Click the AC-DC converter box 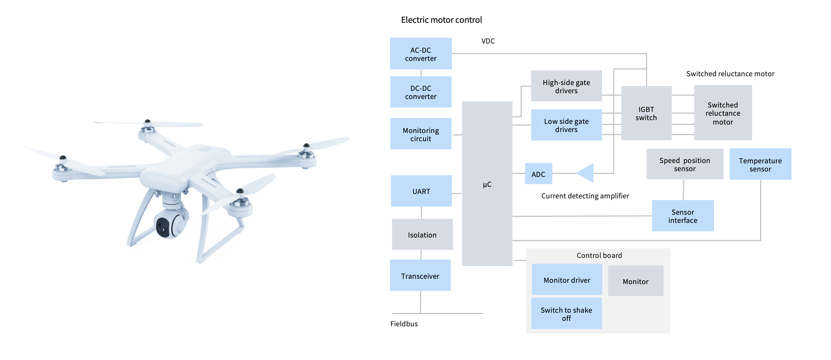pyautogui.click(x=421, y=54)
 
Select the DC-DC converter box pyautogui.click(x=421, y=92)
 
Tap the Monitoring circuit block pyautogui.click(x=421, y=134)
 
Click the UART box pyautogui.click(x=421, y=191)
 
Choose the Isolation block pyautogui.click(x=422, y=234)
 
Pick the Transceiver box pyautogui.click(x=420, y=276)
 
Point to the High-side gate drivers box pyautogui.click(x=566, y=86)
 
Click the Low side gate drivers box pyautogui.click(x=566, y=125)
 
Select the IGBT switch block pyautogui.click(x=646, y=113)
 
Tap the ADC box pyautogui.click(x=538, y=174)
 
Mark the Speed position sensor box pyautogui.click(x=685, y=164)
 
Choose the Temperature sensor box pyautogui.click(x=760, y=164)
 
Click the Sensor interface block pyautogui.click(x=683, y=216)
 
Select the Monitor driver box pyautogui.click(x=567, y=280)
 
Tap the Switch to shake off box pyautogui.click(x=566, y=314)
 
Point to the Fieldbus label pyautogui.click(x=404, y=324)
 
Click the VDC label pyautogui.click(x=488, y=41)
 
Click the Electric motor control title pyautogui.click(x=441, y=20)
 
